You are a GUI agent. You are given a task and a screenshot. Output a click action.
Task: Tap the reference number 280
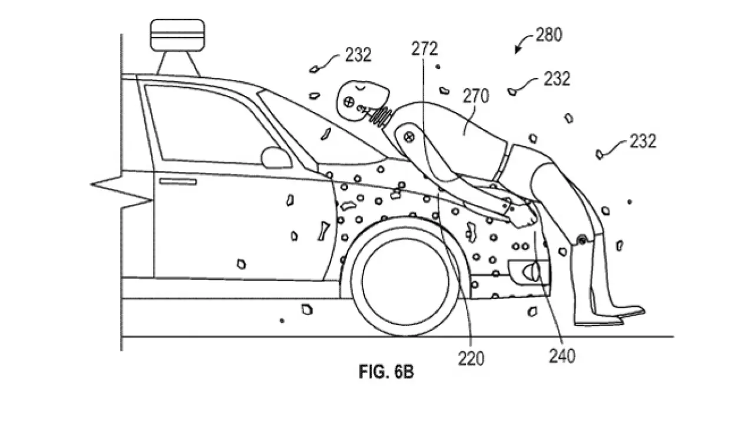[x=548, y=35]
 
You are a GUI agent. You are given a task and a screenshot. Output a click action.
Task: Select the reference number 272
[x=425, y=49]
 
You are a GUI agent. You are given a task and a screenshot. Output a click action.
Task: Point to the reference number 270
[x=476, y=96]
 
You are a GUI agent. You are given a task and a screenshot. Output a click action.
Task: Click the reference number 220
[x=472, y=358]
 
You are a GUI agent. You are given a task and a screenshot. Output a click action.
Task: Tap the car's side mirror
[x=275, y=157]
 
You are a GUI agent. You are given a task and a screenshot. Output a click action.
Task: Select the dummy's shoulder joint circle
[x=408, y=137]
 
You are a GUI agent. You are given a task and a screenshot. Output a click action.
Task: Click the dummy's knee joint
[x=582, y=240]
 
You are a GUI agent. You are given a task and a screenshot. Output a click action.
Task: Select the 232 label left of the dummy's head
[x=358, y=55]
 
